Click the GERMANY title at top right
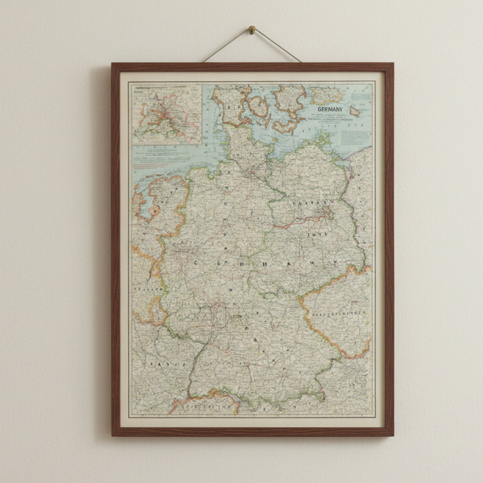(x=330, y=109)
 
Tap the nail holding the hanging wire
(x=252, y=30)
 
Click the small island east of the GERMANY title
(x=355, y=112)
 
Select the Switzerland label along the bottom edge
(x=208, y=406)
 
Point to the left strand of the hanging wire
(x=226, y=46)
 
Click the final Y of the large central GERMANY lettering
(x=335, y=263)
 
